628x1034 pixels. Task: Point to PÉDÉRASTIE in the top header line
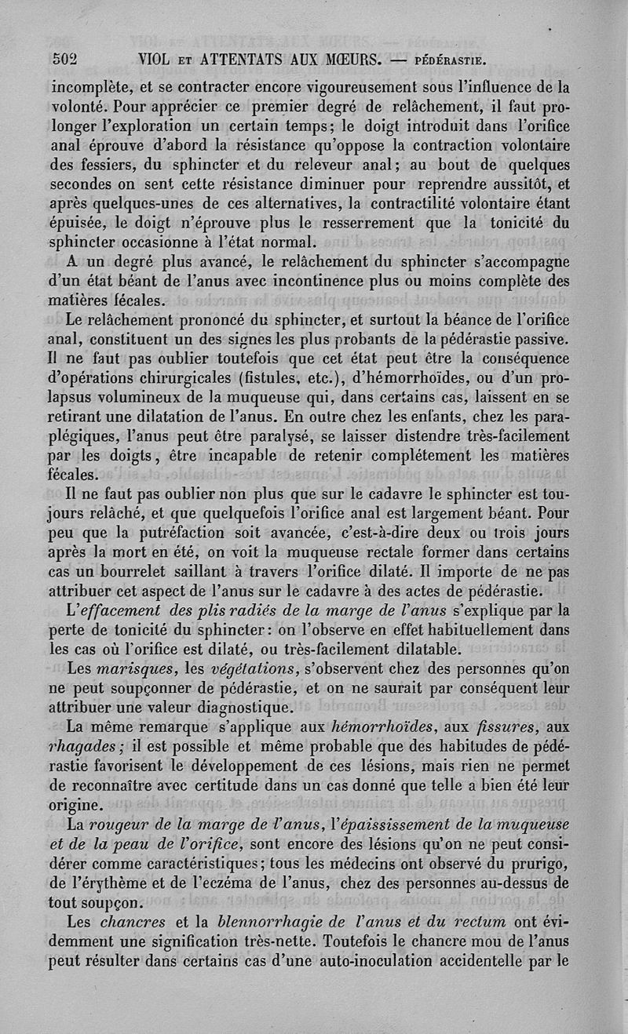447,59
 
